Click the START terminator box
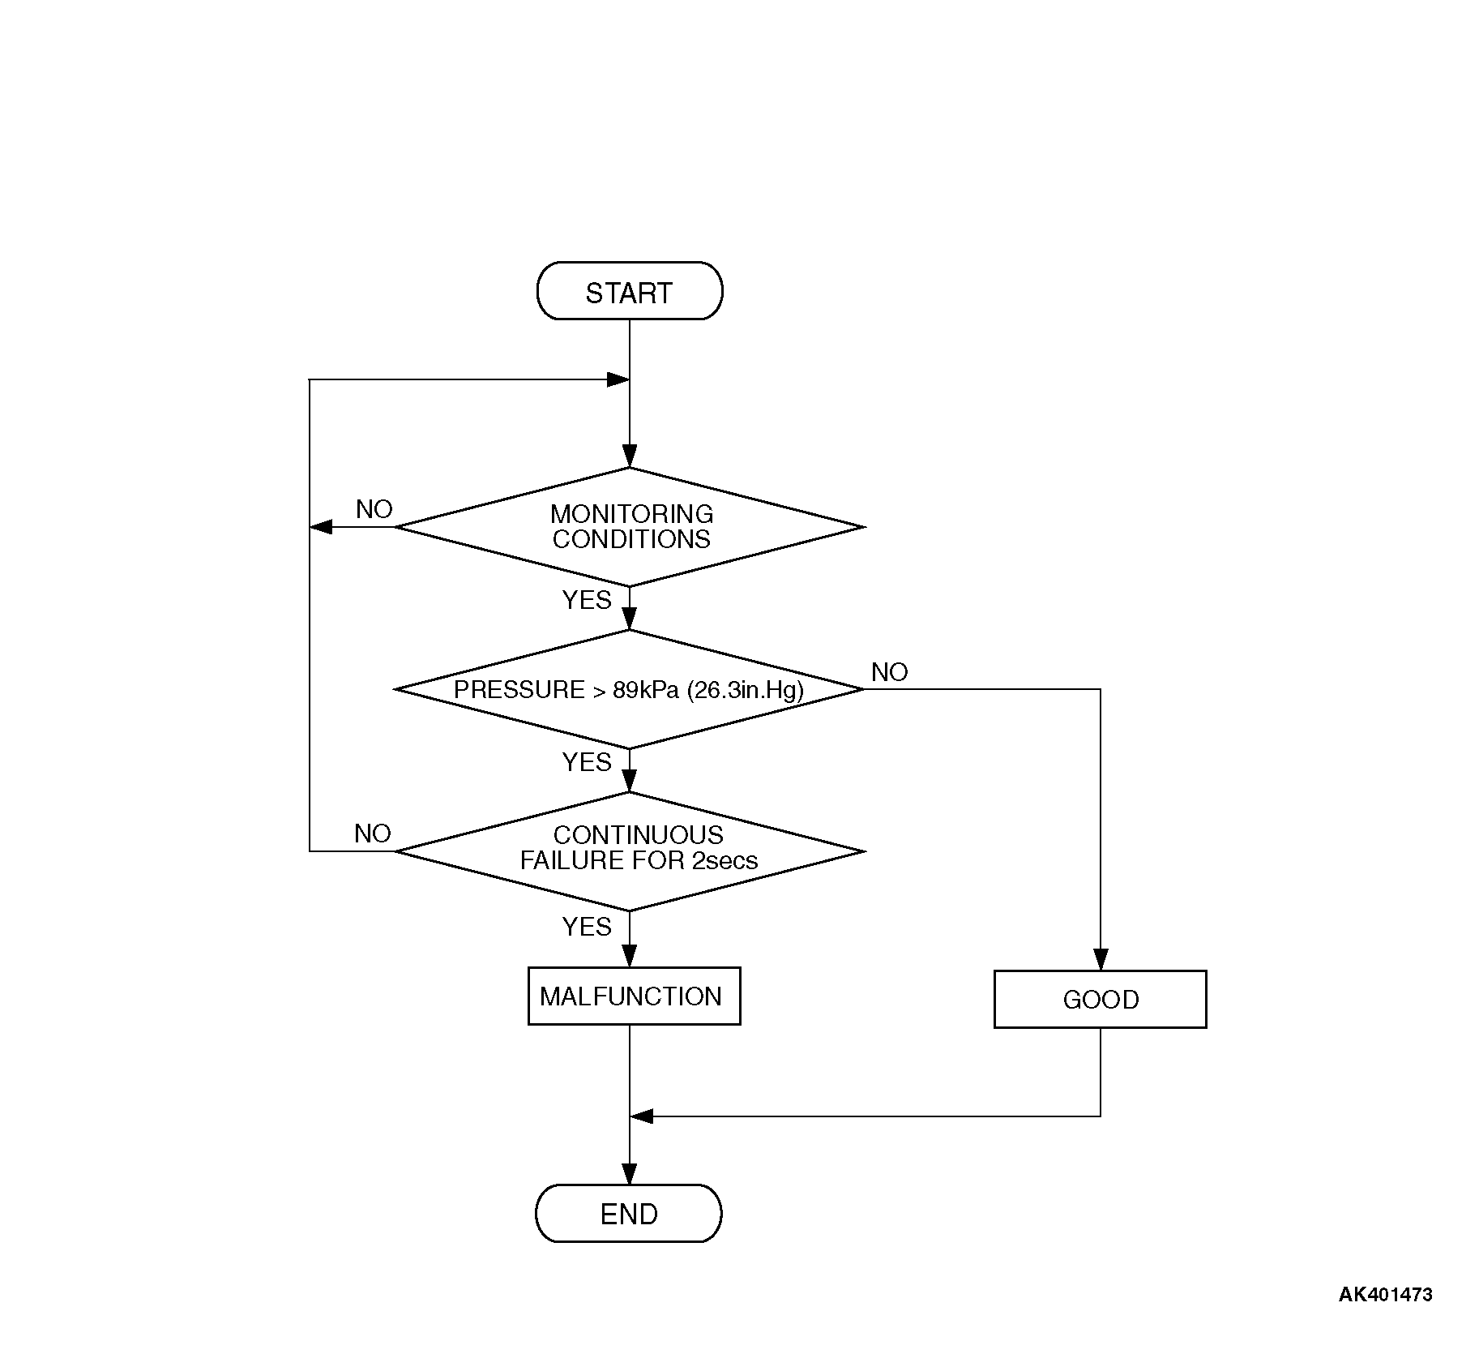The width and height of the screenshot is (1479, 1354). (x=629, y=291)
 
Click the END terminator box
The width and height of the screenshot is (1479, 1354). (x=629, y=1214)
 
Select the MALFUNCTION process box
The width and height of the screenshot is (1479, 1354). (x=634, y=996)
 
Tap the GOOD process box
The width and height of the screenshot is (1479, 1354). (x=1100, y=999)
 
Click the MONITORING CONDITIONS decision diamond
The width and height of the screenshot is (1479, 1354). (x=630, y=527)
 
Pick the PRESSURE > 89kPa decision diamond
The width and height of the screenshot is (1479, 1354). (x=630, y=689)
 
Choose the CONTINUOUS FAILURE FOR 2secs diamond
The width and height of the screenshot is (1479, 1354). (x=630, y=851)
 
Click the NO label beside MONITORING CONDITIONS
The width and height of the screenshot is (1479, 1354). (x=374, y=509)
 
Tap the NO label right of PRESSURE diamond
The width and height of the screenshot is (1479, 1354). (x=889, y=672)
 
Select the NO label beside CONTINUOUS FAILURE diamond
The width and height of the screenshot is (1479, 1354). (x=373, y=833)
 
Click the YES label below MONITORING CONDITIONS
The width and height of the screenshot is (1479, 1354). (x=587, y=600)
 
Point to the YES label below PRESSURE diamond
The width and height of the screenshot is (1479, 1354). (x=587, y=762)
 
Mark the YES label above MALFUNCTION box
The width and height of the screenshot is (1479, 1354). (x=587, y=927)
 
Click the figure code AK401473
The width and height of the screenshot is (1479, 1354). (x=1385, y=1295)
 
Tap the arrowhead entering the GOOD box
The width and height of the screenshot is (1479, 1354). (x=1100, y=960)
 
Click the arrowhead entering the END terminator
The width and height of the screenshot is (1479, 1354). (x=630, y=1174)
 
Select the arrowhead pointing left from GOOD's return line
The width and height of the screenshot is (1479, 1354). (x=642, y=1116)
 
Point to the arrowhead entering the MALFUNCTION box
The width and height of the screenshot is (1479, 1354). (x=630, y=957)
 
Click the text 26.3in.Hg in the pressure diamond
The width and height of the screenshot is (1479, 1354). (x=745, y=690)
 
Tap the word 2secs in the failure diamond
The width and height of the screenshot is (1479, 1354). (x=725, y=860)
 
